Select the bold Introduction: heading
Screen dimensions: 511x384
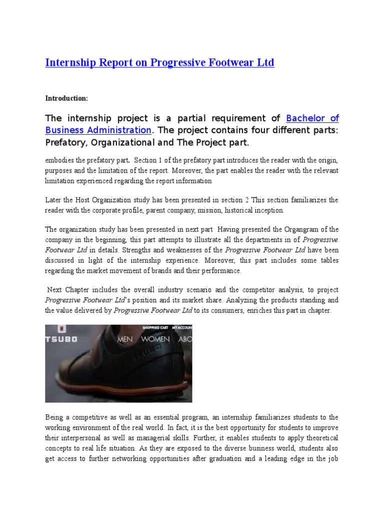click(x=66, y=98)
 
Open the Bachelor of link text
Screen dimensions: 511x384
click(x=312, y=118)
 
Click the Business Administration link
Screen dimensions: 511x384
click(x=98, y=130)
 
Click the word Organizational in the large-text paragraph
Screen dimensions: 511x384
click(x=121, y=143)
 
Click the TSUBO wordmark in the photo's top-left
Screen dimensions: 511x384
click(x=60, y=339)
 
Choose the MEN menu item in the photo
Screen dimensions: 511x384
click(x=124, y=339)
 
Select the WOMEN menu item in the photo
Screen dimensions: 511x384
click(x=155, y=339)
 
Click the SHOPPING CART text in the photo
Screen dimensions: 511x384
click(x=154, y=328)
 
